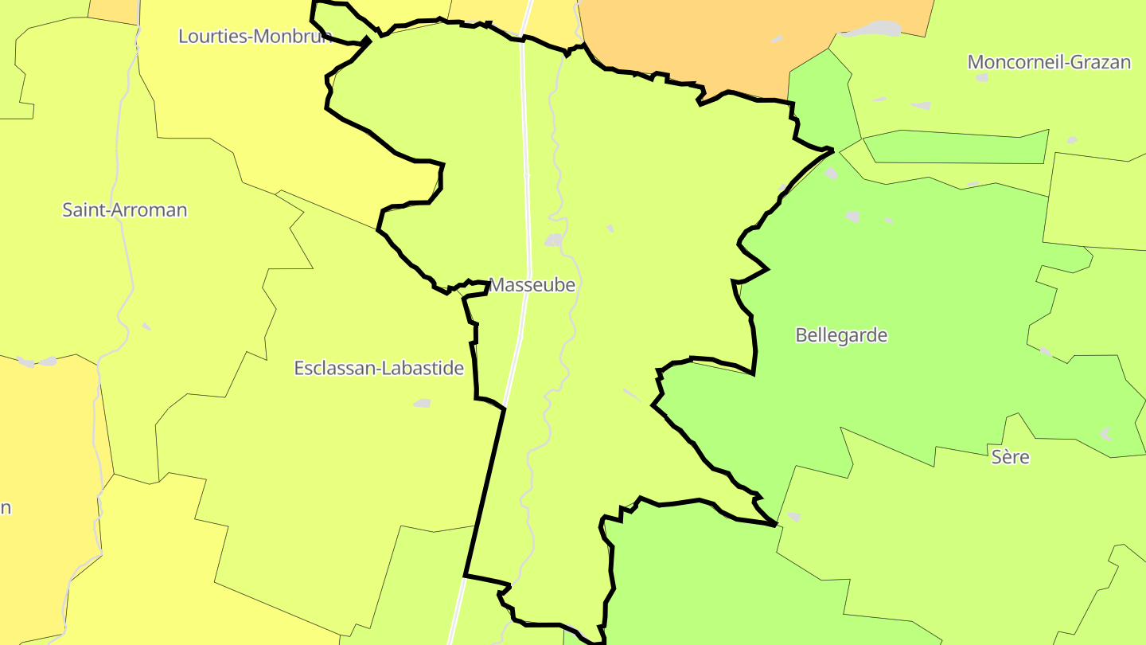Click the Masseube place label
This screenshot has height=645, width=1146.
[532, 284]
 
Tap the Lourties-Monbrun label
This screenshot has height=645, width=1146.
[255, 36]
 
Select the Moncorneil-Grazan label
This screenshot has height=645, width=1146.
[1049, 62]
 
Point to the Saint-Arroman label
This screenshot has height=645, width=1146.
[125, 210]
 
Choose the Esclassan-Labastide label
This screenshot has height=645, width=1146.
[379, 368]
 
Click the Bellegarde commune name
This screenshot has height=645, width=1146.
[841, 335]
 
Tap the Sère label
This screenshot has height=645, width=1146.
[1011, 457]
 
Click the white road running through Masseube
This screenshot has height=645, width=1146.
[526, 199]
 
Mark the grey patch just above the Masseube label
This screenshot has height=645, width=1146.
[553, 240]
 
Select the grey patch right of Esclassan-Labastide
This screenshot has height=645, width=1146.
[422, 404]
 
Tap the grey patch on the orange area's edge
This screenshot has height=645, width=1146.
[871, 29]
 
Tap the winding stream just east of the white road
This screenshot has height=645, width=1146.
[557, 159]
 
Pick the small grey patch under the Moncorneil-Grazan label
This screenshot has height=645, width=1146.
[982, 78]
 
